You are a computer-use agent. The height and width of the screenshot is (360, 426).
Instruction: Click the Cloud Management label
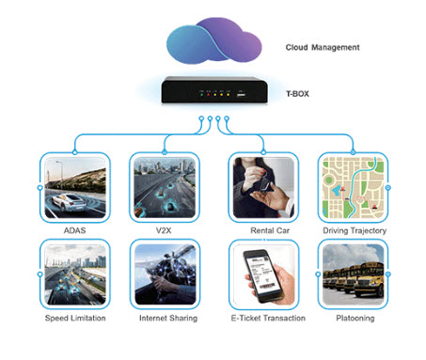click(x=323, y=47)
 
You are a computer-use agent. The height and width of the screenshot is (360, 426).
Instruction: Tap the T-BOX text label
click(x=297, y=94)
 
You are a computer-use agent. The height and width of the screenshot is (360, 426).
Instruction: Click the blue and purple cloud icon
click(x=213, y=40)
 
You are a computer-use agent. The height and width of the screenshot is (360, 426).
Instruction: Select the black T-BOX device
click(x=214, y=90)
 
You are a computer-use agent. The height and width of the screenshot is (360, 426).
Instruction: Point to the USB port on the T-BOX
click(x=241, y=94)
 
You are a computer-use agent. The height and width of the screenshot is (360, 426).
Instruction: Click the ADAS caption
click(x=74, y=230)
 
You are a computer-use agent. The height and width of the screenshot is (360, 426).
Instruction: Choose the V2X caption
click(x=164, y=230)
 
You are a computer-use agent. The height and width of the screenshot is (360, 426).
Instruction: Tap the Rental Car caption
click(x=270, y=230)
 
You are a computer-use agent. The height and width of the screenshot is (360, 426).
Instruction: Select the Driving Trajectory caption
click(x=355, y=231)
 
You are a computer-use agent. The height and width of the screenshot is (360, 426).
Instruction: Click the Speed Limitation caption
click(x=75, y=318)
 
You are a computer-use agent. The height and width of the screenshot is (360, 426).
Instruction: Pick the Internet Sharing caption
click(x=168, y=319)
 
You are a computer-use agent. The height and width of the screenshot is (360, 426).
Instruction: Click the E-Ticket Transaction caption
click(x=268, y=318)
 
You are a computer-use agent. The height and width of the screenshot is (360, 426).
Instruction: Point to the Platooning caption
click(x=355, y=319)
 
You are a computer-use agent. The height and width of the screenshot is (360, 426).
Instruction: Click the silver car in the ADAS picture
click(x=69, y=202)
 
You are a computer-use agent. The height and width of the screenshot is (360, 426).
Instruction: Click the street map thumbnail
click(x=353, y=188)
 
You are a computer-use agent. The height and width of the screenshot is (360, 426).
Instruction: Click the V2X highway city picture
click(x=165, y=188)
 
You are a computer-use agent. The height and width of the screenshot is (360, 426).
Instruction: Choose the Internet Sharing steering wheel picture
click(x=166, y=274)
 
